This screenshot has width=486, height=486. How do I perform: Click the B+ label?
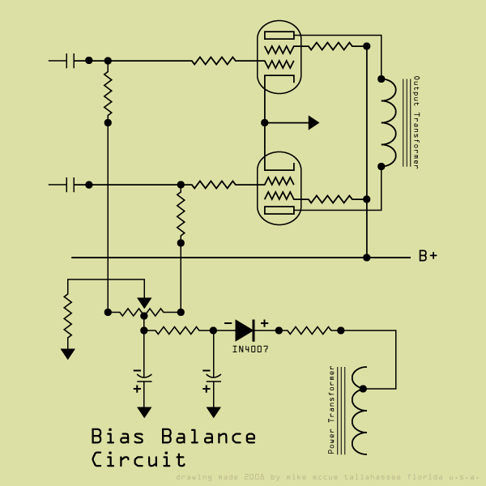pyautogui.click(x=428, y=257)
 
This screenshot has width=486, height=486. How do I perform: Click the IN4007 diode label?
pyautogui.click(x=250, y=349)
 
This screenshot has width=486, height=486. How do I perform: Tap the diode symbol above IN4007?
pyautogui.click(x=245, y=330)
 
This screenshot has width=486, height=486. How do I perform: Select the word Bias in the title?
pyautogui.click(x=117, y=437)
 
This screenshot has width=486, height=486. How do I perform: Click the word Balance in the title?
pyautogui.click(x=208, y=437)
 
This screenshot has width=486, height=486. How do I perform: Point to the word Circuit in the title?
pyautogui.click(x=139, y=460)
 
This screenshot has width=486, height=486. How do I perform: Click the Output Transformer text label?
pyautogui.click(x=416, y=122)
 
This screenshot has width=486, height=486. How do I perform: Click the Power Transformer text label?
pyautogui.click(x=330, y=410)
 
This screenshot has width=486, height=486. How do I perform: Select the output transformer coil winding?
pyautogui.click(x=389, y=122)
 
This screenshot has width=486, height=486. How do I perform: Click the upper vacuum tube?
pyautogui.click(x=279, y=57)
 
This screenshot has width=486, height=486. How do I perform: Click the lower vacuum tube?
pyautogui.click(x=279, y=190)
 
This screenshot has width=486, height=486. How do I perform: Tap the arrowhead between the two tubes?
pyautogui.click(x=313, y=122)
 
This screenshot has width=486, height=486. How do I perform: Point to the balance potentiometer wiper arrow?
pyautogui.click(x=144, y=303)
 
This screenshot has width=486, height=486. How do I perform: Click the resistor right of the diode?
pyautogui.click(x=309, y=330)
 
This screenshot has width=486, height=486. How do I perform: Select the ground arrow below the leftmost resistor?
pyautogui.click(x=67, y=353)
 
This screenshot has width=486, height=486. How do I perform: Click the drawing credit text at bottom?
pyautogui.click(x=327, y=477)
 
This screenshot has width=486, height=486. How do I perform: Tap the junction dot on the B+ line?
pyautogui.click(x=366, y=258)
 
